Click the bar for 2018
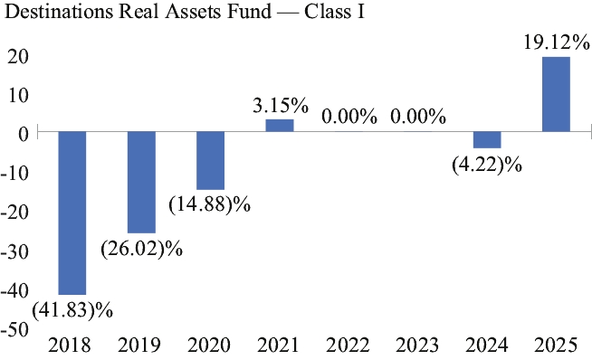[x=72, y=213]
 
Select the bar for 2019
[x=141, y=183]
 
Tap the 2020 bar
[x=211, y=160]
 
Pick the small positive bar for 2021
[x=280, y=126]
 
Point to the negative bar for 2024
[x=487, y=139]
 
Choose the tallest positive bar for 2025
[x=556, y=94]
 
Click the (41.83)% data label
[x=72, y=310]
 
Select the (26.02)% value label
[x=141, y=249]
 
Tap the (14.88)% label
[x=209, y=204]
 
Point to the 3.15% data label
[x=281, y=105]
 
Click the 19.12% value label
[x=557, y=43]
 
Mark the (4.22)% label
[x=487, y=165]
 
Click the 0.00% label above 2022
[x=349, y=116]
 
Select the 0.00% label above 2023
[x=418, y=116]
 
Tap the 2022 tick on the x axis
[x=348, y=345]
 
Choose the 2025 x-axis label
[x=557, y=345]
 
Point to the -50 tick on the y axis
[x=14, y=329]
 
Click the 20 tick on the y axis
[x=18, y=57]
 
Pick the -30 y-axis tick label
[x=14, y=251]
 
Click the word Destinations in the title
[x=59, y=12]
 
